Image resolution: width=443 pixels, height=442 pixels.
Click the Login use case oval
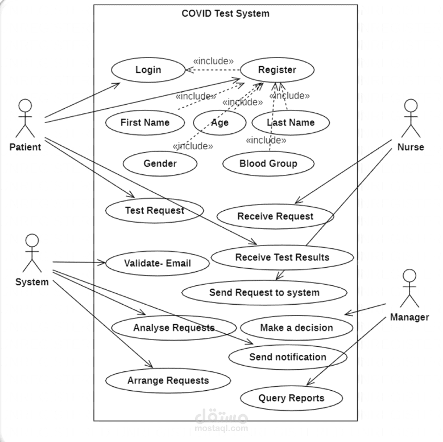click(148, 70)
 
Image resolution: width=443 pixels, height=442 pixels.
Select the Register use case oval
click(277, 70)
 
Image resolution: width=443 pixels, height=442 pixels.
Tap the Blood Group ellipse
click(268, 164)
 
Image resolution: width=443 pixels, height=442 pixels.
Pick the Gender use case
click(160, 164)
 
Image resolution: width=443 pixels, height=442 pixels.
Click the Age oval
click(220, 122)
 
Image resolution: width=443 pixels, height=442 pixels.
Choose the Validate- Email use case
click(157, 263)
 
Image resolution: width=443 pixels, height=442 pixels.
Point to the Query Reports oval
click(291, 398)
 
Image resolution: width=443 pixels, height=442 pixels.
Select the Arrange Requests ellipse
click(168, 380)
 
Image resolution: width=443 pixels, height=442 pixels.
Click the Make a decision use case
click(296, 328)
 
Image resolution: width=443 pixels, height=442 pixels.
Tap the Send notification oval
click(287, 357)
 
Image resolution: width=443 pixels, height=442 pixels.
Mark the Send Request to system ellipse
click(264, 293)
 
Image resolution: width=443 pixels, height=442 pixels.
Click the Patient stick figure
click(24, 118)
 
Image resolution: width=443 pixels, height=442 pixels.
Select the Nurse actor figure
click(411, 118)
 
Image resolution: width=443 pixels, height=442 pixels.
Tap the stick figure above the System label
click(32, 253)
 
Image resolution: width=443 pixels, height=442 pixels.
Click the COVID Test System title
click(225, 13)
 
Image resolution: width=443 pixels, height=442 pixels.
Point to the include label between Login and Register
click(213, 60)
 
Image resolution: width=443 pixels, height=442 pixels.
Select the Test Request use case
click(154, 211)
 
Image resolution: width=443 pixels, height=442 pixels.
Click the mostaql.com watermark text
click(222, 427)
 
